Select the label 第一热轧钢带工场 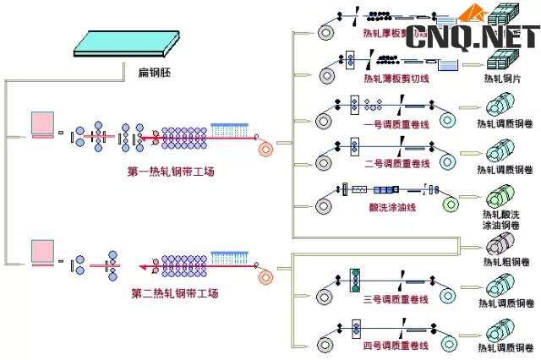pyautogui.click(x=172, y=172)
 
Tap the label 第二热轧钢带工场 pyautogui.click(x=175, y=294)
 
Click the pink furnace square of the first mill pyautogui.click(x=42, y=124)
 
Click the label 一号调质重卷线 pyautogui.click(x=397, y=123)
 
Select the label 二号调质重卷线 pyautogui.click(x=397, y=163)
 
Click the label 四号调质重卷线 pyautogui.click(x=396, y=346)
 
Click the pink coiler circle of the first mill pyautogui.click(x=267, y=150)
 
